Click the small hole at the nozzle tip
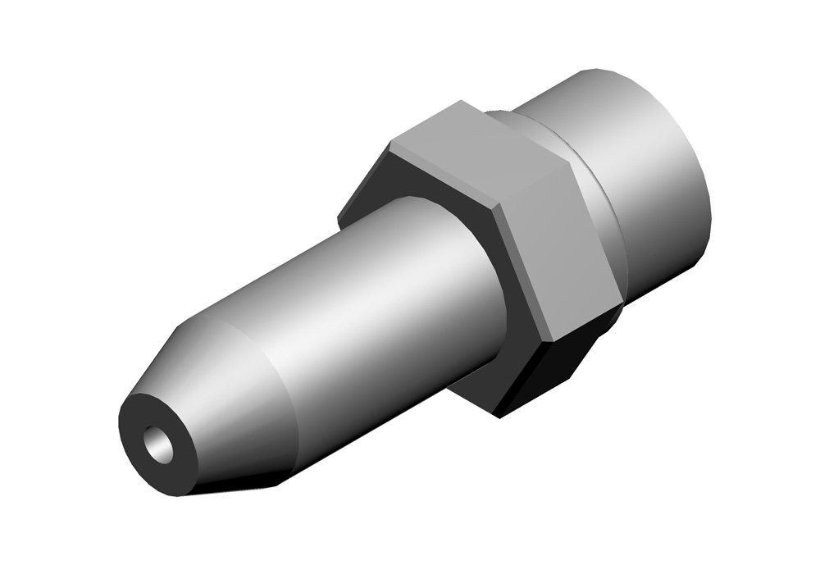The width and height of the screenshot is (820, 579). pyautogui.click(x=157, y=444)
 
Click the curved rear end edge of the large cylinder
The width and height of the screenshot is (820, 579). pyautogui.click(x=705, y=189)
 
